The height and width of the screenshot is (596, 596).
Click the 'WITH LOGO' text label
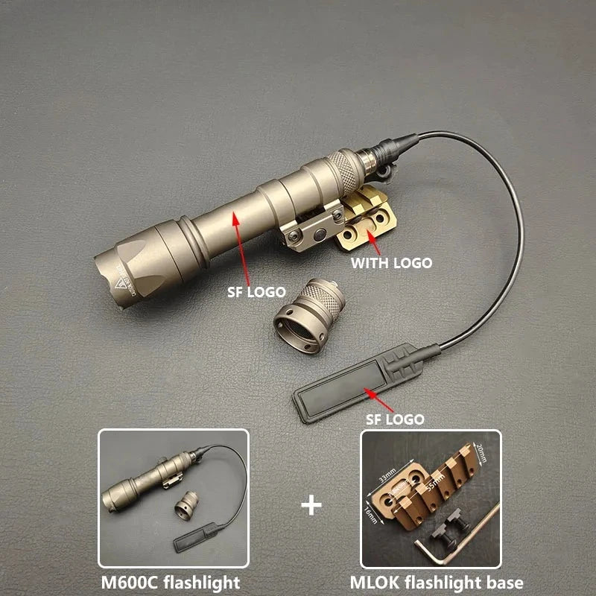point(391,262)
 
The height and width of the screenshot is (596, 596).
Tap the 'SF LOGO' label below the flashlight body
point(256,293)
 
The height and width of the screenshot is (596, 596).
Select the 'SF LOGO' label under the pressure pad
point(395,419)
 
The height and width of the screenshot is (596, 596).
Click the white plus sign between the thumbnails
point(311,506)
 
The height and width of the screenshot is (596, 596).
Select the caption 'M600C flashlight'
point(174,582)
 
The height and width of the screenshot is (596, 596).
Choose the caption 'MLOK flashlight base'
point(437,582)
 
